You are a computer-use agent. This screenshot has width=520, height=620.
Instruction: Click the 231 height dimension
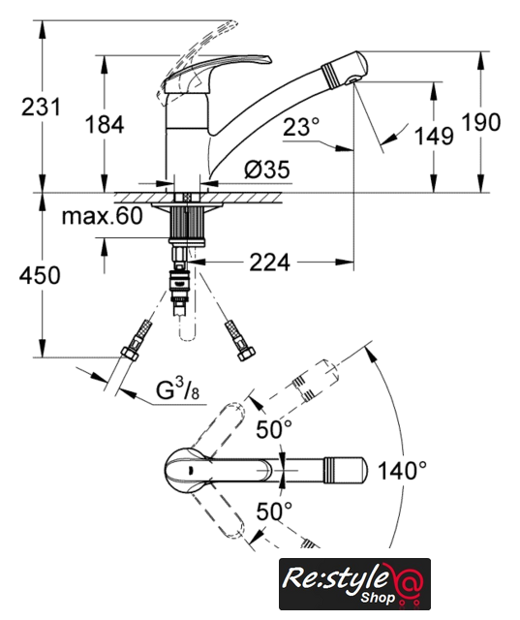(41, 108)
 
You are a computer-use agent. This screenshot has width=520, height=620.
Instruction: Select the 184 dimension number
(105, 124)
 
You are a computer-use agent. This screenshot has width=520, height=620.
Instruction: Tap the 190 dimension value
(481, 122)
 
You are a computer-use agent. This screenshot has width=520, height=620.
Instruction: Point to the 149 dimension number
(434, 136)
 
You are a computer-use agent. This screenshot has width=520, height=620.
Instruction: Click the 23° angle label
(301, 127)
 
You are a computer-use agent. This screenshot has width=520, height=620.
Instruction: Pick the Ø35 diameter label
(267, 170)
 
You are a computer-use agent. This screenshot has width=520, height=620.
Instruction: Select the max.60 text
(103, 216)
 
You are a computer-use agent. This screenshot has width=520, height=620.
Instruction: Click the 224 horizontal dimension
(269, 263)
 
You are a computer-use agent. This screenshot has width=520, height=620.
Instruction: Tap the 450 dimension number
(40, 275)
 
